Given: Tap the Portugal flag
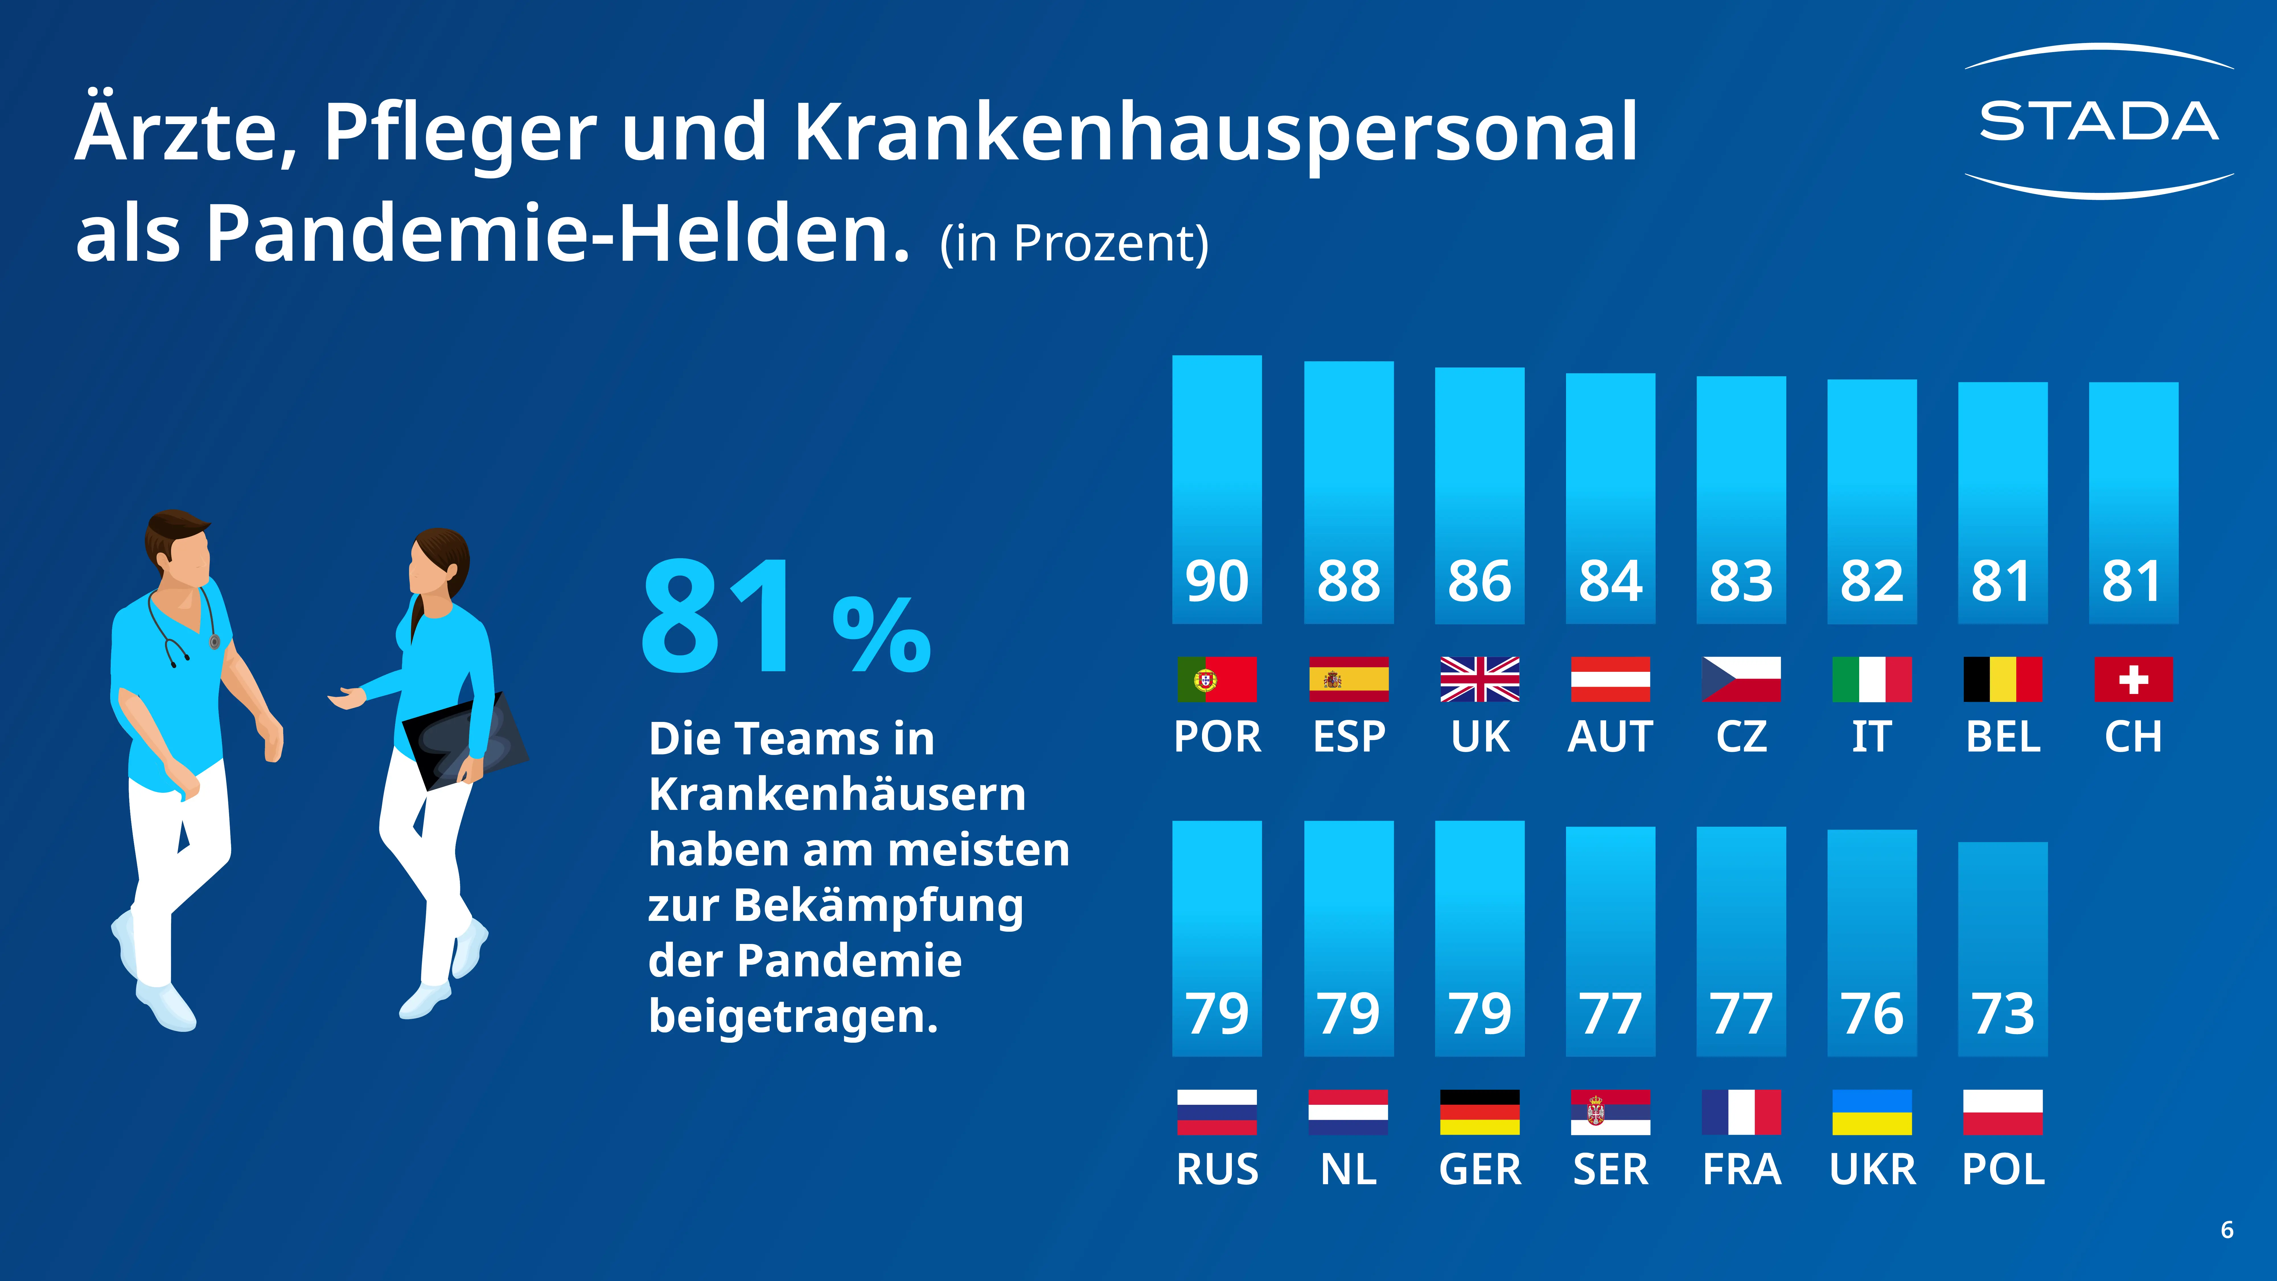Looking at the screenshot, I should (x=1216, y=679).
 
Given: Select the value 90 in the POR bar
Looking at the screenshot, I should (x=1216, y=581).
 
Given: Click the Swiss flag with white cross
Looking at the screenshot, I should (x=2133, y=679).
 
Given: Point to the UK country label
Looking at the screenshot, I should (x=1480, y=736).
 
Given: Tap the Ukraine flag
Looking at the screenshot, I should (x=1871, y=1111).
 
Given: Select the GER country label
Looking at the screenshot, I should (x=1480, y=1169).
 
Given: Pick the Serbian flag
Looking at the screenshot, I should (x=1610, y=1111).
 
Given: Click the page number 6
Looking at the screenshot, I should (x=2227, y=1230).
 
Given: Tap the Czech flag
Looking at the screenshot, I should (x=1740, y=679).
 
